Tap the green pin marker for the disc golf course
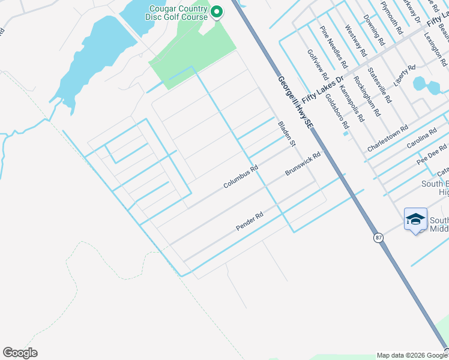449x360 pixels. (216, 12)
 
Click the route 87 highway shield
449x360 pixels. (378, 238)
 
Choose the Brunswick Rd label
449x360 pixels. (303, 163)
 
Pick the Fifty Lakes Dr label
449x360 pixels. (322, 88)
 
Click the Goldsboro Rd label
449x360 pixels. (337, 112)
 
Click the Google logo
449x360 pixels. (20, 353)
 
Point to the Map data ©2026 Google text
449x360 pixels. (412, 355)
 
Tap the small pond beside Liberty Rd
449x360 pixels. (420, 85)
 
